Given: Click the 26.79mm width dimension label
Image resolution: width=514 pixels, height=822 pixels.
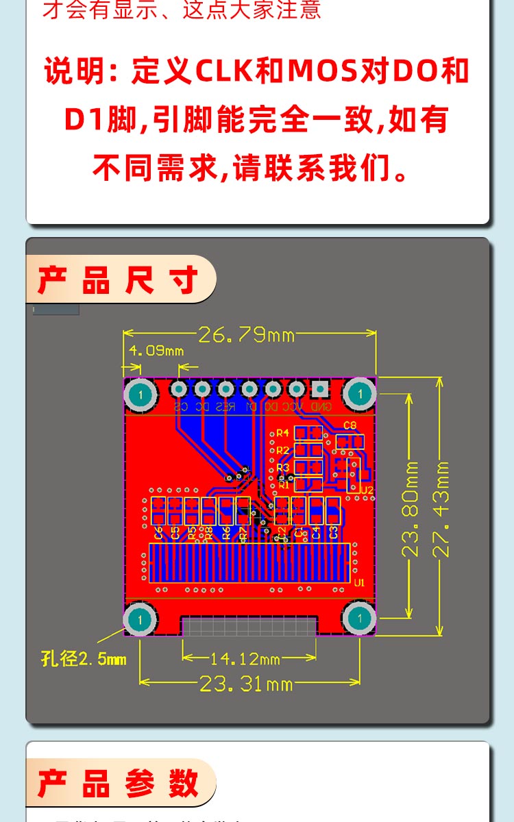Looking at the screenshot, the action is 246,335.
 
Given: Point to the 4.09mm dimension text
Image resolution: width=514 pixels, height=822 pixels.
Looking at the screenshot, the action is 156,351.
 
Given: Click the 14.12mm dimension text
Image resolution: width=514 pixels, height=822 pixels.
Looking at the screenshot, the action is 245,659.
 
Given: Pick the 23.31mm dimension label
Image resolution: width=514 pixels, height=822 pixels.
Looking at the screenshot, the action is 246,683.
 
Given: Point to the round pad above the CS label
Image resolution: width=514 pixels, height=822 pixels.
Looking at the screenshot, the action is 180,389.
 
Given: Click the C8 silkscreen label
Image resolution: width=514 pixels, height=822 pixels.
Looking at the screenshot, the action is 350,425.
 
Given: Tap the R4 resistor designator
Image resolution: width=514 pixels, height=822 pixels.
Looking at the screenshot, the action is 282,433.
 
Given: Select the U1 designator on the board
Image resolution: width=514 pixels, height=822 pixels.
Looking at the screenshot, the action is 360,583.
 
